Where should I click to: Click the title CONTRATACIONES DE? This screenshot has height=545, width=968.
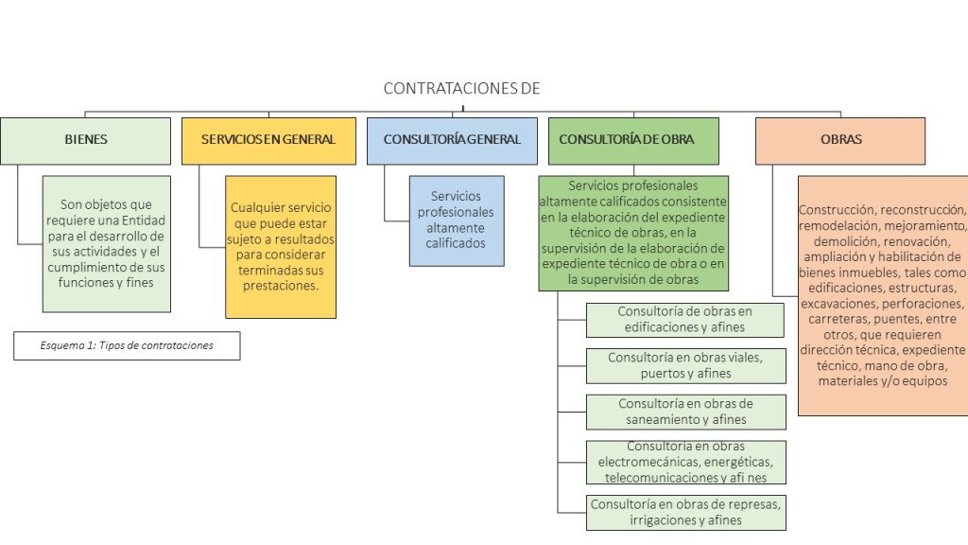pyautogui.click(x=461, y=89)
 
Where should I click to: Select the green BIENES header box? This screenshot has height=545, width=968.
pyautogui.click(x=85, y=140)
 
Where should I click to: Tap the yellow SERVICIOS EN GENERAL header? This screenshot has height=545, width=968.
pyautogui.click(x=268, y=140)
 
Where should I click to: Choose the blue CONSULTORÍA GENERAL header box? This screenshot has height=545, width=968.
pyautogui.click(x=452, y=140)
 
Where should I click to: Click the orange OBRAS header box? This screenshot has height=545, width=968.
pyautogui.click(x=839, y=140)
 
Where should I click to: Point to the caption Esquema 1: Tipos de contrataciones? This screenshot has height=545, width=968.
pyautogui.click(x=127, y=345)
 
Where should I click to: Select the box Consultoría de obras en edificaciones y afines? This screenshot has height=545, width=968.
pyautogui.click(x=685, y=320)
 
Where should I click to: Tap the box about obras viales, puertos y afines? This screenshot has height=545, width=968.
pyautogui.click(x=685, y=365)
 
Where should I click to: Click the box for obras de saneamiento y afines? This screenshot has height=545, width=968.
pyautogui.click(x=685, y=412)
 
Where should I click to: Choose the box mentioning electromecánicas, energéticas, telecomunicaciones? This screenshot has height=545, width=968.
pyautogui.click(x=685, y=462)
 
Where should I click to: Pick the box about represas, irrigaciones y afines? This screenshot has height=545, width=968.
pyautogui.click(x=685, y=512)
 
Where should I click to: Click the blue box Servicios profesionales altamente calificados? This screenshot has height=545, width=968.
pyautogui.click(x=456, y=220)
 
